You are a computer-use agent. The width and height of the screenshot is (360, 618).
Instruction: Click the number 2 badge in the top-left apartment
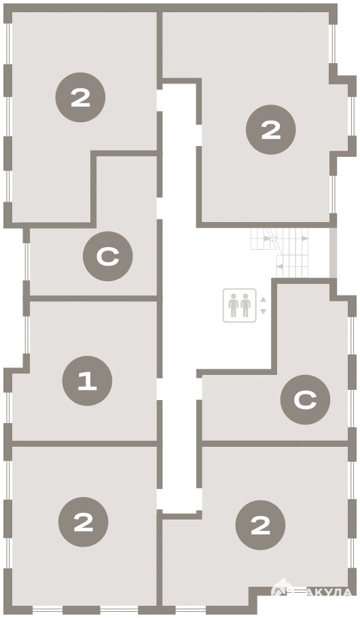[x=80, y=97]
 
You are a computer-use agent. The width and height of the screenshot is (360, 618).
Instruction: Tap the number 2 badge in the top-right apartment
[x=271, y=130]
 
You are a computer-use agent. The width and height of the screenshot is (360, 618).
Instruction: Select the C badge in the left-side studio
[x=107, y=256]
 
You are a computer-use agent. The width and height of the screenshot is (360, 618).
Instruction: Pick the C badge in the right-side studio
[x=305, y=399]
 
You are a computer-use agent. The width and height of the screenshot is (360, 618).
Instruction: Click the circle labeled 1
[x=87, y=381]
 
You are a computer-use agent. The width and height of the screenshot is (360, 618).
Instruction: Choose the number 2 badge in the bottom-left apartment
[x=83, y=522]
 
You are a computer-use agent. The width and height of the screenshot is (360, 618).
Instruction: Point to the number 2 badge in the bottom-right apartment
[x=260, y=525]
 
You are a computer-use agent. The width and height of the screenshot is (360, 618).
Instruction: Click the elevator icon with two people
[x=239, y=306]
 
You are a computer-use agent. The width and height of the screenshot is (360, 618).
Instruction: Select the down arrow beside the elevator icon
[x=264, y=311]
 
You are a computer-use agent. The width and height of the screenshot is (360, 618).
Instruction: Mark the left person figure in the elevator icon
[x=234, y=305]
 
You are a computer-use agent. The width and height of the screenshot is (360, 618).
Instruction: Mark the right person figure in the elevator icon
[x=246, y=305]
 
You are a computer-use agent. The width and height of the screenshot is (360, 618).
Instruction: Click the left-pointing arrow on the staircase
[x=280, y=266]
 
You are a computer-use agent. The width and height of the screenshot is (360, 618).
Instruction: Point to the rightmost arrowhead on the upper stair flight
[x=305, y=238]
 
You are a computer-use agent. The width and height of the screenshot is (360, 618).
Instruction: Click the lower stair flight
[x=292, y=266]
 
